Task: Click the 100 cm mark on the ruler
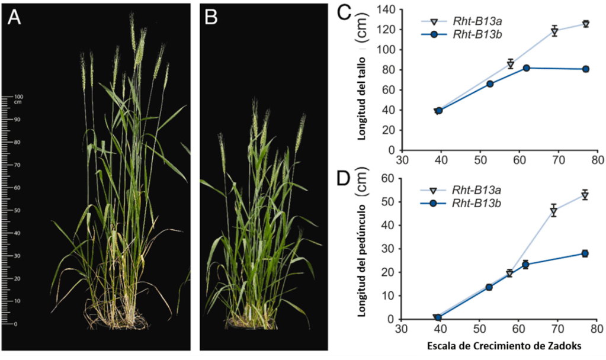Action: point(17,96)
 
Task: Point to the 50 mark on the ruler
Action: point(18,210)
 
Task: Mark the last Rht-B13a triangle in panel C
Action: point(585,24)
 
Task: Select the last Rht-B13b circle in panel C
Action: point(585,69)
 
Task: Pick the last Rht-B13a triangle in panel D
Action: point(585,195)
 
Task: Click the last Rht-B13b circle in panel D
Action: point(585,253)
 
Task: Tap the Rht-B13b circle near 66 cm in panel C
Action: point(490,83)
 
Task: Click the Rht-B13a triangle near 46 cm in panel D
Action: point(554,211)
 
